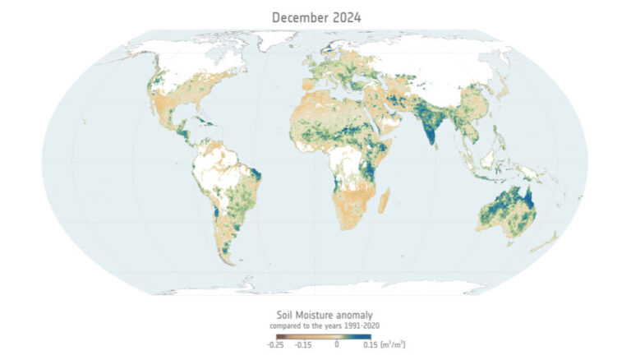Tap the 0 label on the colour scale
(x=336, y=345)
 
